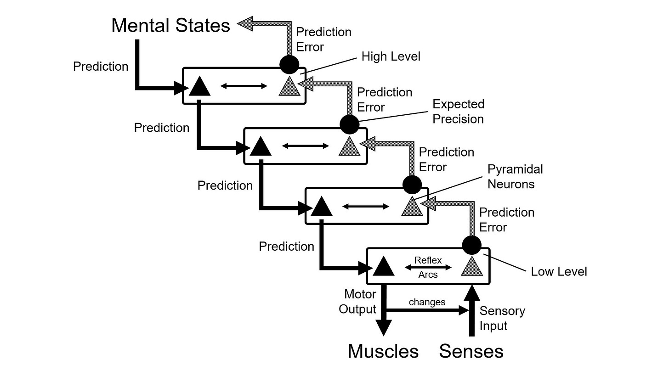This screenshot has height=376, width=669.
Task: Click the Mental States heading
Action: (170, 25)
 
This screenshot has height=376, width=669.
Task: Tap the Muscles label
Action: (383, 351)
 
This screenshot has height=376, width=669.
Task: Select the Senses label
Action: (471, 351)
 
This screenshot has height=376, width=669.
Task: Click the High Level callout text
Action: (391, 56)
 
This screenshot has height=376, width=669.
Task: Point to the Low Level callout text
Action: (559, 272)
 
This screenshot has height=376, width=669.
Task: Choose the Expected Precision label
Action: (458, 111)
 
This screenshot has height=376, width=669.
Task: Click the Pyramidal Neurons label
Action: (515, 176)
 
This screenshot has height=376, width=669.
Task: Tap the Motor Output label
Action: (357, 301)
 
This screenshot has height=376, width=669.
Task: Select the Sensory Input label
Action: (502, 318)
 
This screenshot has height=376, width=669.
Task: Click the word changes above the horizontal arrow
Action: (427, 302)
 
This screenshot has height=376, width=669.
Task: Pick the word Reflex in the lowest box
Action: (428, 260)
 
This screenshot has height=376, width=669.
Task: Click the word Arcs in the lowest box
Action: (428, 275)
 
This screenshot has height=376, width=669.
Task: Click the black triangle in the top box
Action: (199, 86)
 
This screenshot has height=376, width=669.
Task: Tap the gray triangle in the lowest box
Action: (472, 266)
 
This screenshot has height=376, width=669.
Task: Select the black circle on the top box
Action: (289, 64)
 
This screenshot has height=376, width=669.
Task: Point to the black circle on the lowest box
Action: (472, 245)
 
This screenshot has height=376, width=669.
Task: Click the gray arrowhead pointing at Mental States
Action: (245, 23)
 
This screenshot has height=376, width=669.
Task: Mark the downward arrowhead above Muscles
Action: (384, 328)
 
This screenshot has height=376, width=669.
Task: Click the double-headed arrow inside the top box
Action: (244, 86)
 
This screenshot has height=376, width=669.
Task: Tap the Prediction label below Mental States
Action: (101, 67)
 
